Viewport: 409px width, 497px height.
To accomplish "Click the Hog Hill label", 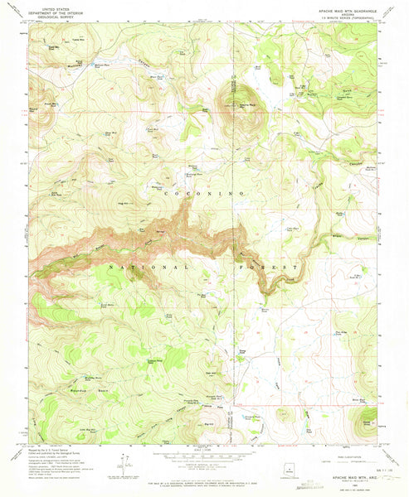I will pyautogui.click(x=124, y=203).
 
